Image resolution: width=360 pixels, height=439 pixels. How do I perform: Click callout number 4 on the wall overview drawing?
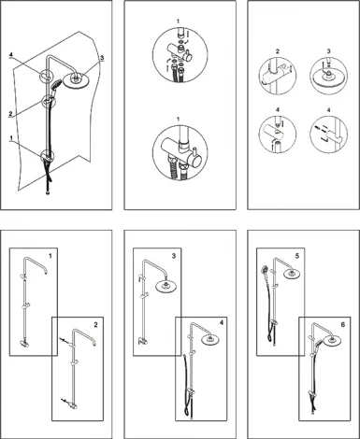(x=11, y=55)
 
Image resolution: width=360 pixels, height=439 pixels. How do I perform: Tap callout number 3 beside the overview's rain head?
(x=102, y=58)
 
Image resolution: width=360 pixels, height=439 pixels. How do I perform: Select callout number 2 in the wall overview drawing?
(x=10, y=114)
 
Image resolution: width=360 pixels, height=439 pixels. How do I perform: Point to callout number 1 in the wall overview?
(x=11, y=137)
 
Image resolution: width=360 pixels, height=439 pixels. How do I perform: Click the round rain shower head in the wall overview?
(x=75, y=80)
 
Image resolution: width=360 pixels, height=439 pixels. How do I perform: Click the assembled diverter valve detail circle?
(x=180, y=152)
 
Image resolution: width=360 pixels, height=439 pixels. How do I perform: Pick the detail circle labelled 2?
(x=278, y=76)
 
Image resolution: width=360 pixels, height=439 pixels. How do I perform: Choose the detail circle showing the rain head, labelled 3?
(x=328, y=76)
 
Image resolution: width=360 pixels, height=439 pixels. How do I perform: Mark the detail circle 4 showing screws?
(x=328, y=135)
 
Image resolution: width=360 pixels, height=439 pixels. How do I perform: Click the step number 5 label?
(x=297, y=256)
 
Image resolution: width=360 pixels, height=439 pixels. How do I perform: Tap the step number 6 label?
(x=343, y=325)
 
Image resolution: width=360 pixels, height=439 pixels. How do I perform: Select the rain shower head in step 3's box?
(x=166, y=287)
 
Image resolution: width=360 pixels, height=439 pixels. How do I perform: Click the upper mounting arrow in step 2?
(x=65, y=340)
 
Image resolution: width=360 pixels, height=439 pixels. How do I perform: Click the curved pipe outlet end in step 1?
(x=46, y=273)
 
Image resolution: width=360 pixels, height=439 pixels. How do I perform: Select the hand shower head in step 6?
(x=318, y=343)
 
